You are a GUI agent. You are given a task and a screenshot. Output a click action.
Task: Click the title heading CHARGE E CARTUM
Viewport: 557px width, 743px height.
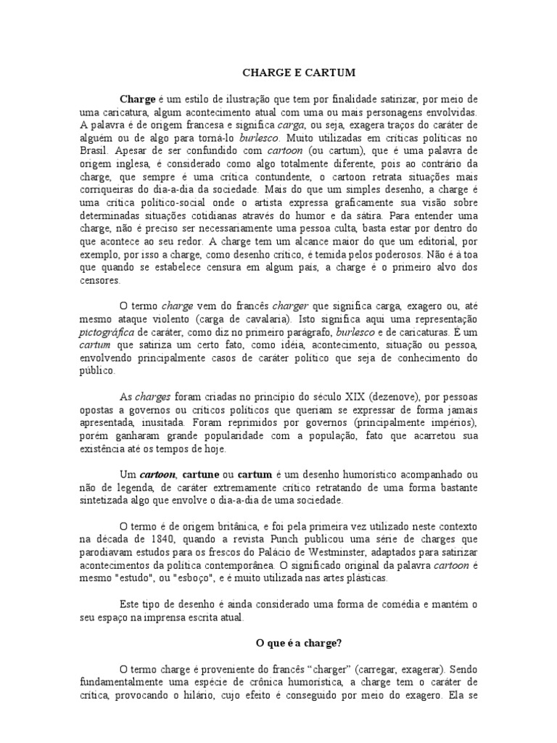(x=288, y=73)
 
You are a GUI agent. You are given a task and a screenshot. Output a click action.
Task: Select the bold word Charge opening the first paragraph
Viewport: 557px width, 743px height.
(x=137, y=99)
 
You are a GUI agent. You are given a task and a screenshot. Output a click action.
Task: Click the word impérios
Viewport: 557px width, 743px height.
(x=448, y=422)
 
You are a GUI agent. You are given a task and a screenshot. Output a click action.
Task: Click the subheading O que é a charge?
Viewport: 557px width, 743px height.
(x=288, y=643)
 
